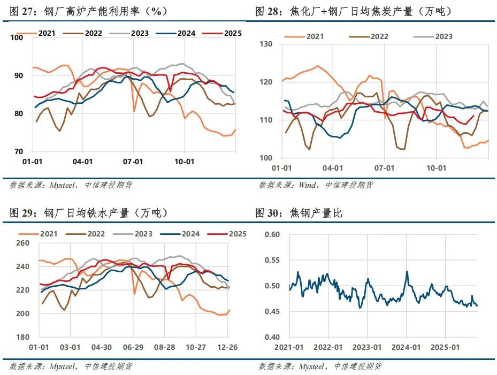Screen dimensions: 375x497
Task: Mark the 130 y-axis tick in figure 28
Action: click(x=266, y=44)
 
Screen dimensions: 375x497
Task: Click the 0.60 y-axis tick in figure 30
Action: click(x=272, y=234)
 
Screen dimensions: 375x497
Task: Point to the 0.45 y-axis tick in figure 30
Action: click(x=272, y=311)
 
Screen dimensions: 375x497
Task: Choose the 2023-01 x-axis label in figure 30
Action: click(x=369, y=347)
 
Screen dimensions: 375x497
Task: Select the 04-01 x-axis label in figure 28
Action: click(x=333, y=168)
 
